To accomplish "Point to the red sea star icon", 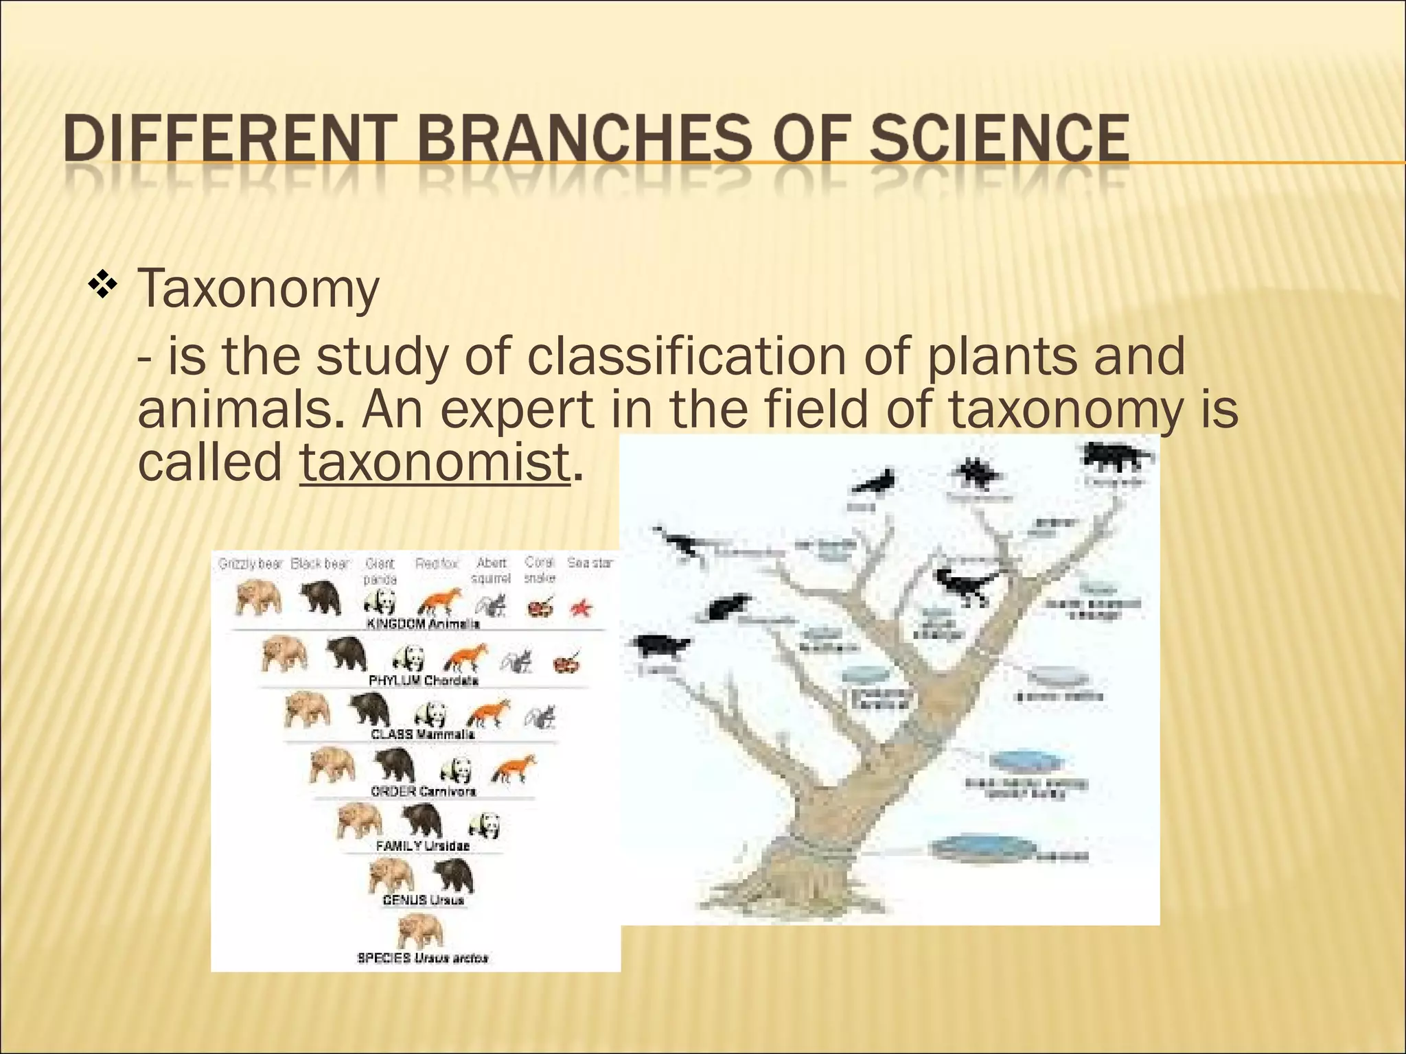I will coord(581,607).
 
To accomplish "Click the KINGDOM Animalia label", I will coord(423,624).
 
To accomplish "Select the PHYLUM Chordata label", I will coord(423,680).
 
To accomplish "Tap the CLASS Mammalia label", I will coord(423,734).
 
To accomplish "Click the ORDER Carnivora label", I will coord(423,791).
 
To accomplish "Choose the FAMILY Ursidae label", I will coord(423,845).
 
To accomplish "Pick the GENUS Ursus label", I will coord(423,900).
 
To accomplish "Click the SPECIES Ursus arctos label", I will coord(423,958).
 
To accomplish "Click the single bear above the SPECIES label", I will coord(420,930).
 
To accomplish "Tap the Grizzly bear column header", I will coord(250,564).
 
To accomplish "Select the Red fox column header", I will coord(437,564).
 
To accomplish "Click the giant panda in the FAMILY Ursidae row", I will coord(486,825).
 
